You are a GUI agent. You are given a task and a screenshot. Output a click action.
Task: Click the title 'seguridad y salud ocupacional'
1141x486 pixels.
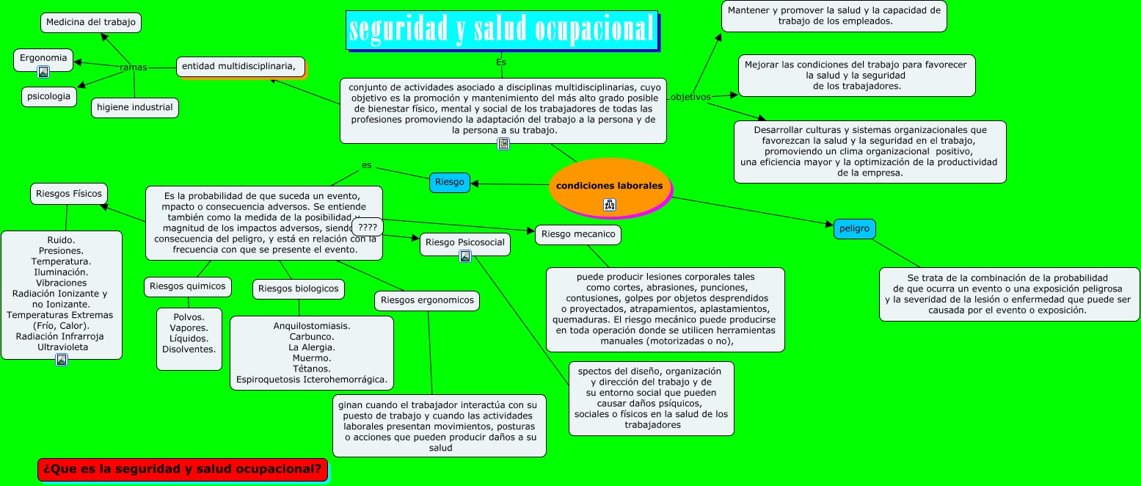(502, 30)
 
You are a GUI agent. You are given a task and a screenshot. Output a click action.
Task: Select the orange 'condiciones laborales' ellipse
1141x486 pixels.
(609, 186)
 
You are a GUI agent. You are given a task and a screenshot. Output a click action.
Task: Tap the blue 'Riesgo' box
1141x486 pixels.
(449, 182)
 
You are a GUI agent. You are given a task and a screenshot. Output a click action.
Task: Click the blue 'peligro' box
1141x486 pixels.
(854, 229)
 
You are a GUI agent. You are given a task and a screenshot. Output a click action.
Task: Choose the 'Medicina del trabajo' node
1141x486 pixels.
(91, 23)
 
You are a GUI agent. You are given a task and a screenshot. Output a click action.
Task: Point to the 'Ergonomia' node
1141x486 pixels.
(43, 58)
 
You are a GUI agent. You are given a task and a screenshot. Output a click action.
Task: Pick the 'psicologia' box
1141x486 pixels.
(49, 96)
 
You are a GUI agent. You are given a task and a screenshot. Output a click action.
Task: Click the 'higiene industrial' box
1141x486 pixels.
(135, 108)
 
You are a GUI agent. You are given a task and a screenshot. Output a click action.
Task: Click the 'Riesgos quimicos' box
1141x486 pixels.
(188, 286)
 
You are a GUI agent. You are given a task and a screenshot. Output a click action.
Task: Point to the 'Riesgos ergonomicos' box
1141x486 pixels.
(428, 300)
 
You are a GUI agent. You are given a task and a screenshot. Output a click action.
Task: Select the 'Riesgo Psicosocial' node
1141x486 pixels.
(465, 242)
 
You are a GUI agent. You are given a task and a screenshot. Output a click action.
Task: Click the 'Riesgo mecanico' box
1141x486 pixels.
(578, 235)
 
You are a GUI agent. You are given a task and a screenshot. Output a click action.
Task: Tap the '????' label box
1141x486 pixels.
(368, 228)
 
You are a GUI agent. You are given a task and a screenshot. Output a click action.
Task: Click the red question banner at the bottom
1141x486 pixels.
(183, 469)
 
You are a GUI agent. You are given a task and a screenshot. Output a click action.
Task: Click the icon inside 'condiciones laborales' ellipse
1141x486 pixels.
(610, 205)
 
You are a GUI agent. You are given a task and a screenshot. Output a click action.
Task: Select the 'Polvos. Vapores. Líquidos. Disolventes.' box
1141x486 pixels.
(189, 338)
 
